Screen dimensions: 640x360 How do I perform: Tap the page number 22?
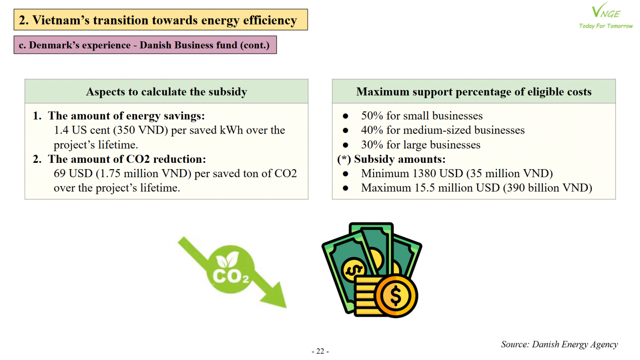click(x=320, y=351)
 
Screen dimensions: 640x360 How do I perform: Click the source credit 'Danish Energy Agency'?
click(x=575, y=344)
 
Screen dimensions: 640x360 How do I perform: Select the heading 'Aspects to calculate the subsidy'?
click(x=166, y=92)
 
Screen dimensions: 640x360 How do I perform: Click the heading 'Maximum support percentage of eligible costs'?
click(x=474, y=92)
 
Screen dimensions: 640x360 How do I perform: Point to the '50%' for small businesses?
click(x=372, y=116)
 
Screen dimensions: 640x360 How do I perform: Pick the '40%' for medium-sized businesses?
click(x=372, y=130)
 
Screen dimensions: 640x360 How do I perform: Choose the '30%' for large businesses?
click(x=372, y=144)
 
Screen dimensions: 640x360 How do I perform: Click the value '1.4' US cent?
click(x=61, y=130)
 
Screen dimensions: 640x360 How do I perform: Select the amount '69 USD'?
click(x=73, y=174)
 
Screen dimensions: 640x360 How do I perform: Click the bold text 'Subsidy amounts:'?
click(x=400, y=159)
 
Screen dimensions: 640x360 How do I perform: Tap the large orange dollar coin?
click(x=396, y=296)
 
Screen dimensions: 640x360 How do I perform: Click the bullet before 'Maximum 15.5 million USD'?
click(x=346, y=188)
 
